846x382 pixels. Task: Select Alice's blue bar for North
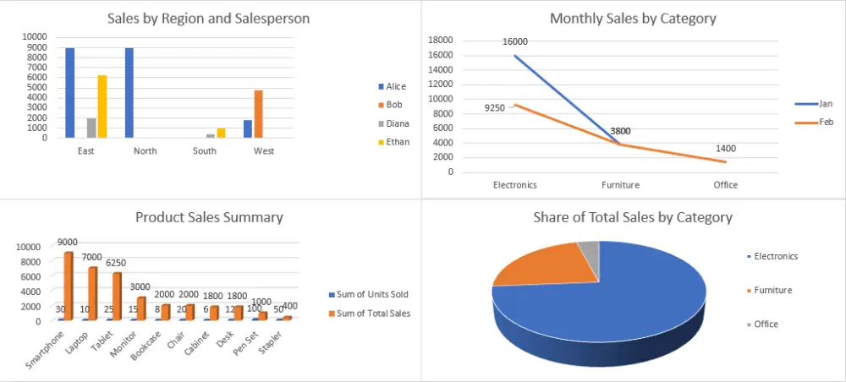click(129, 93)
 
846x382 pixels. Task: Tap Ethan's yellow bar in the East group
click(102, 106)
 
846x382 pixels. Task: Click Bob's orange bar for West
click(259, 114)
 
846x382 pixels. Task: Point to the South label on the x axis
click(204, 151)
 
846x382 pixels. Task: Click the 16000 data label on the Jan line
click(514, 41)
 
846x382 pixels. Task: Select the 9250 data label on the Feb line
click(496, 108)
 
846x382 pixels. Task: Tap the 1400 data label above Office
click(725, 149)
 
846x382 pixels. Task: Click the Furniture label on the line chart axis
click(620, 184)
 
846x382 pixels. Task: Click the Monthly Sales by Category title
click(633, 19)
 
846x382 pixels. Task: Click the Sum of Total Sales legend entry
click(374, 313)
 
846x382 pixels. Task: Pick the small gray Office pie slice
click(589, 249)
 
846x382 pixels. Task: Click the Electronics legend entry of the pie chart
click(776, 256)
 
